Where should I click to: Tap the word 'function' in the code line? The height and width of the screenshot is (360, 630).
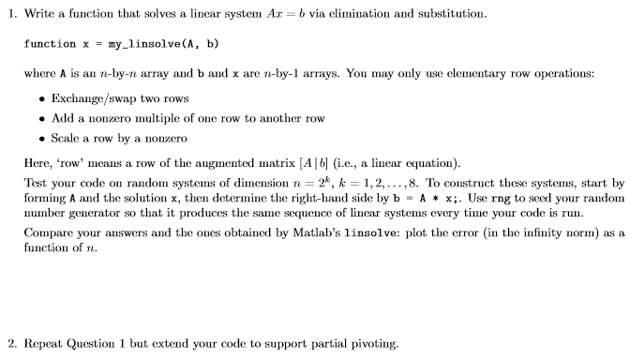(x=50, y=44)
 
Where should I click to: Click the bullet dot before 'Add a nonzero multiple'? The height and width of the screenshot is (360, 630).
(x=38, y=119)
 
